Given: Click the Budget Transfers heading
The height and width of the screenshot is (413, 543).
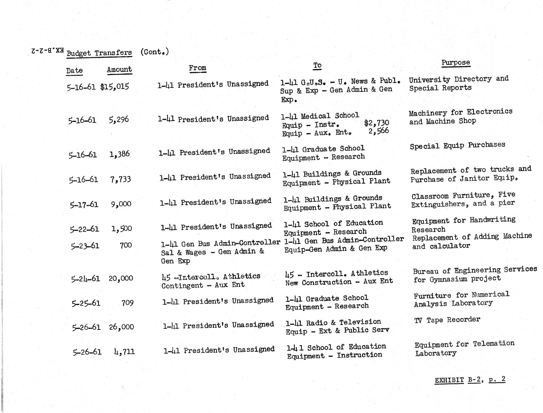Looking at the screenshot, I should pos(99,53).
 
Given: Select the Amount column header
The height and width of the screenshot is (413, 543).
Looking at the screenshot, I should pos(119,69).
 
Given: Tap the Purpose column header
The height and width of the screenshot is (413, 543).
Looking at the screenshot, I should pos(455,63).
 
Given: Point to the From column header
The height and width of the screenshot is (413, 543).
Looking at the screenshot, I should pos(197,68).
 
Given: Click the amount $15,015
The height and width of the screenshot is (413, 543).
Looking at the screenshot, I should pos(115,87).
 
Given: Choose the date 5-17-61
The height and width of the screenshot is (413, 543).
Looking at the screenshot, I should pos(84,205).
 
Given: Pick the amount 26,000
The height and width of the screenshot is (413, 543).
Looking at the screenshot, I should pos(121,327).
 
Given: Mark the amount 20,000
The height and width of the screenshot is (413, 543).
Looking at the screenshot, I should pos(121,278).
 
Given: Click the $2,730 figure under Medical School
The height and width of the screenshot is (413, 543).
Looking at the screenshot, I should pos(377,123).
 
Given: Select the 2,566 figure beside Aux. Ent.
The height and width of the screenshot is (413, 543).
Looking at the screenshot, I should pos(379,131).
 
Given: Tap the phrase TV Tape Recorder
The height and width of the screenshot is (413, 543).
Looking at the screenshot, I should pos(447,320).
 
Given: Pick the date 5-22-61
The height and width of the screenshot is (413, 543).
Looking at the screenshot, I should pos(84,229).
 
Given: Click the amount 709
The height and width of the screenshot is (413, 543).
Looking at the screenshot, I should pos(127,303).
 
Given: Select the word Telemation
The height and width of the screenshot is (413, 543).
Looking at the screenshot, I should pos(494,344).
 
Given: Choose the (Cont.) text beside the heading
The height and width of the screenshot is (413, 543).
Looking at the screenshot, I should pos(155,52).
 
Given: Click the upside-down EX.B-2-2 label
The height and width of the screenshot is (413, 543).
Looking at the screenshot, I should pos(47,51).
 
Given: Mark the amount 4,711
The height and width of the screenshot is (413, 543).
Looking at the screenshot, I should pos(124,351).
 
